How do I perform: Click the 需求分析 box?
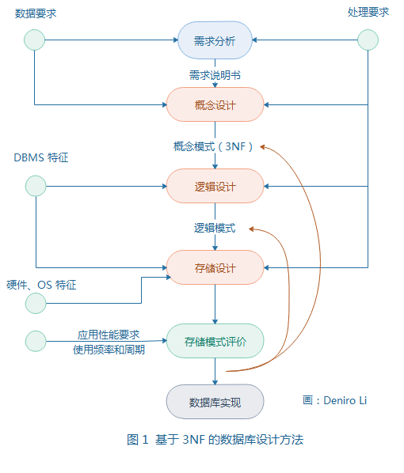(215, 41)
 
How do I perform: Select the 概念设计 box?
(215, 104)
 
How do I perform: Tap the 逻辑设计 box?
(215, 186)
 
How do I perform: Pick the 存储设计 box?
(215, 267)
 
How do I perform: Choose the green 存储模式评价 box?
(215, 341)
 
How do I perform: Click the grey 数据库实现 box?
(215, 402)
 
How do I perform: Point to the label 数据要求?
(36, 13)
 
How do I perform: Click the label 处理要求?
(369, 13)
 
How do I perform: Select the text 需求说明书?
(215, 74)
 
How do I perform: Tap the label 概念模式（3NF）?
(214, 146)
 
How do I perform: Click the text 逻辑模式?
(215, 228)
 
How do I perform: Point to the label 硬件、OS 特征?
(42, 284)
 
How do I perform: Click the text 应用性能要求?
(109, 335)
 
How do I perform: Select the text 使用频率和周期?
(109, 349)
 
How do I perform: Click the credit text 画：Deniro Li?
(335, 400)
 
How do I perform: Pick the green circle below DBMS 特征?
(36, 186)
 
